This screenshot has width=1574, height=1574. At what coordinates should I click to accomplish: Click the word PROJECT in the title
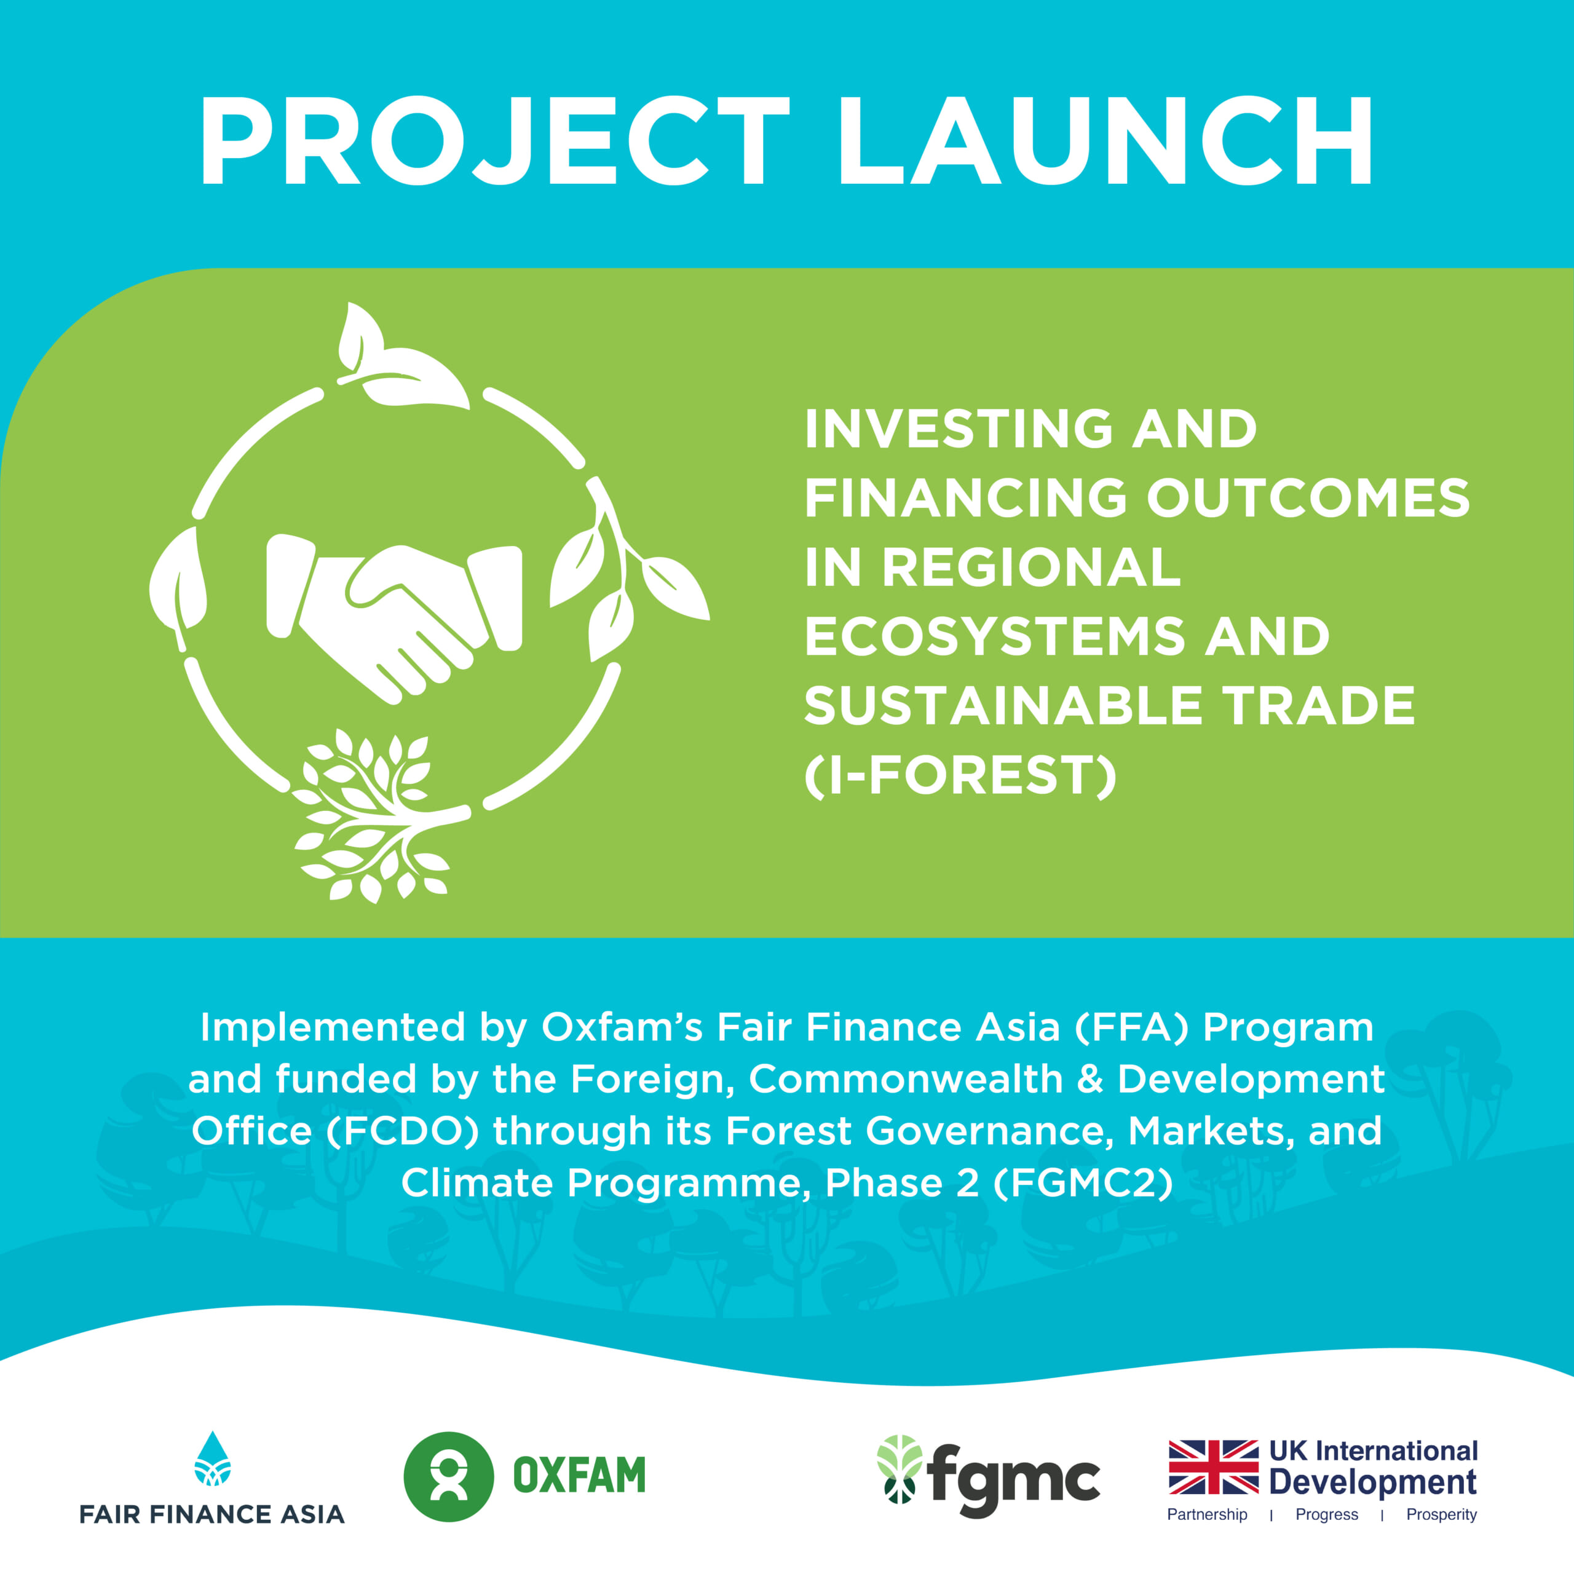point(494,141)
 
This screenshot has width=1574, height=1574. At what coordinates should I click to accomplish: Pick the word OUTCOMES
point(1308,498)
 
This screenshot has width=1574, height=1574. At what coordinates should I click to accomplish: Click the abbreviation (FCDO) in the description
point(403,1131)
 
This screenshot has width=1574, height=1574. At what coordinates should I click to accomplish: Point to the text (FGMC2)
point(1083,1183)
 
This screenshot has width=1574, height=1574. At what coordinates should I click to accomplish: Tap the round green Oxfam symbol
point(448,1476)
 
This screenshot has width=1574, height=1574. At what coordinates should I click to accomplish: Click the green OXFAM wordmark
point(579,1476)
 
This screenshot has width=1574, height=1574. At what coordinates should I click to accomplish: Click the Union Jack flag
point(1213,1467)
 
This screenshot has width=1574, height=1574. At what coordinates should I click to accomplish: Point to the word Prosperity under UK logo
point(1441,1514)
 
